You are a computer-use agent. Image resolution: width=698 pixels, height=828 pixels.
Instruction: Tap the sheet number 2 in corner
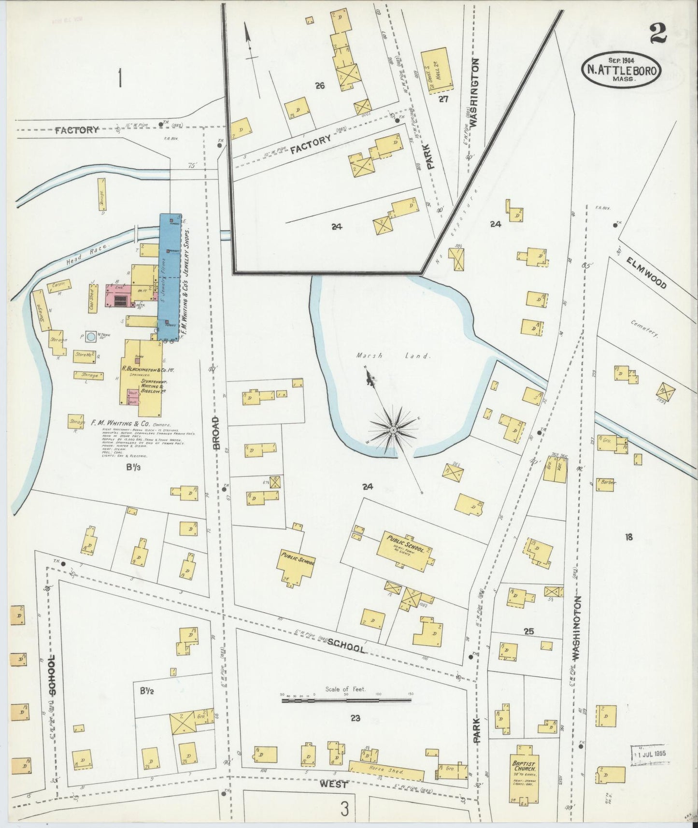657,34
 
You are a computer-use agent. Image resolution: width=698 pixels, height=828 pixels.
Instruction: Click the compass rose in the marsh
394,429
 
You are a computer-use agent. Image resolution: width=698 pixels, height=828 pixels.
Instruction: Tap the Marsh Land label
392,356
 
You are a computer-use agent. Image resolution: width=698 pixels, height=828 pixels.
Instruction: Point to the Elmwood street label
647,272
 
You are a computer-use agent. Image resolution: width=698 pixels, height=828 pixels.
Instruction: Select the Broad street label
216,433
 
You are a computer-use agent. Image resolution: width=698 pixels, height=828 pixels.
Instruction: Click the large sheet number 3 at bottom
344,809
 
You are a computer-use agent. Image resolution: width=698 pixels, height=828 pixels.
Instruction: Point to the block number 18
628,537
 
